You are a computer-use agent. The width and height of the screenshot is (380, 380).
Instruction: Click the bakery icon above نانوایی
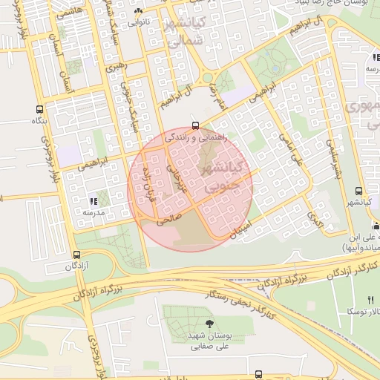(138, 11)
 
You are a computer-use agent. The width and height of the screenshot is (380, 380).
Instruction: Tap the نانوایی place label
(138, 22)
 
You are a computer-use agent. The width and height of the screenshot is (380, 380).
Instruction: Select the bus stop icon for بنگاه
(39, 109)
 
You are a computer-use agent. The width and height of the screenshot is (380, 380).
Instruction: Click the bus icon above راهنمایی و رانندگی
(194, 125)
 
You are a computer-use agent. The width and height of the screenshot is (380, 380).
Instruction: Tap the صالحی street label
(168, 220)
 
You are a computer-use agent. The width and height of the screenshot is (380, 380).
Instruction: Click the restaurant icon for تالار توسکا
(370, 299)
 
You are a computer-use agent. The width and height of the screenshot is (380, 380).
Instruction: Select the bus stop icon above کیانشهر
(359, 191)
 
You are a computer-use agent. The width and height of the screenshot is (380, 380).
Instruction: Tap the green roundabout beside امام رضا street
(206, 77)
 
